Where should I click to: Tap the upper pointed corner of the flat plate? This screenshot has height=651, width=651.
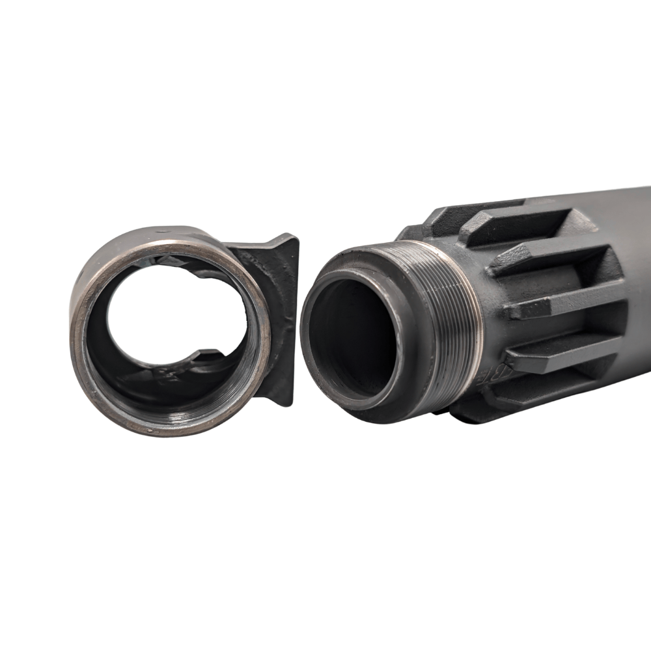point(294,238)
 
